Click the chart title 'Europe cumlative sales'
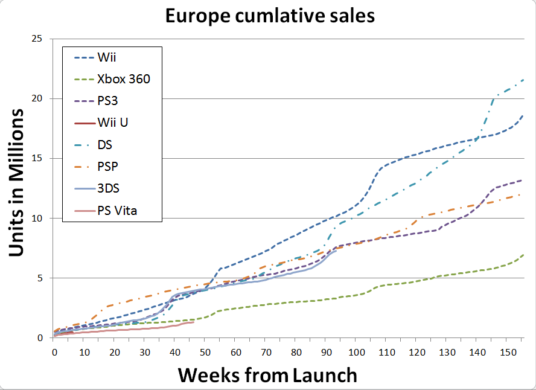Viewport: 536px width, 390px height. pos(270,16)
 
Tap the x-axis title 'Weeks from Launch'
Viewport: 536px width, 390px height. pos(267,375)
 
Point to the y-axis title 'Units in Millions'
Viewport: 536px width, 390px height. pos(18,182)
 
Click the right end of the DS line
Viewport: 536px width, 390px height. pos(523,80)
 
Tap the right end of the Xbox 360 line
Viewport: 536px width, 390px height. pos(523,255)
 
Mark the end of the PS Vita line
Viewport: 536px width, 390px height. pos(194,322)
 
